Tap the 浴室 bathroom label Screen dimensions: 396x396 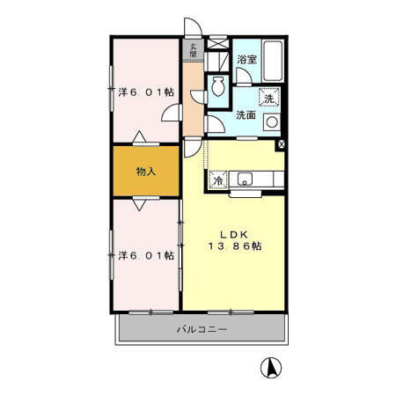pos(246,59)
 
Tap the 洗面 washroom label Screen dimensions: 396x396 pos(246,115)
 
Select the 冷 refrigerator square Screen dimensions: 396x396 pos(217,180)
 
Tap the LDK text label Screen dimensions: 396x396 pos(234,234)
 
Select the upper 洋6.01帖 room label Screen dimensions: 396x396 pos(145,91)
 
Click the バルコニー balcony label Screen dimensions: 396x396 pos(201,330)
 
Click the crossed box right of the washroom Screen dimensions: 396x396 pos(281,144)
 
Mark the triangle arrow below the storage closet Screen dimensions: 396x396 pos(140,204)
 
